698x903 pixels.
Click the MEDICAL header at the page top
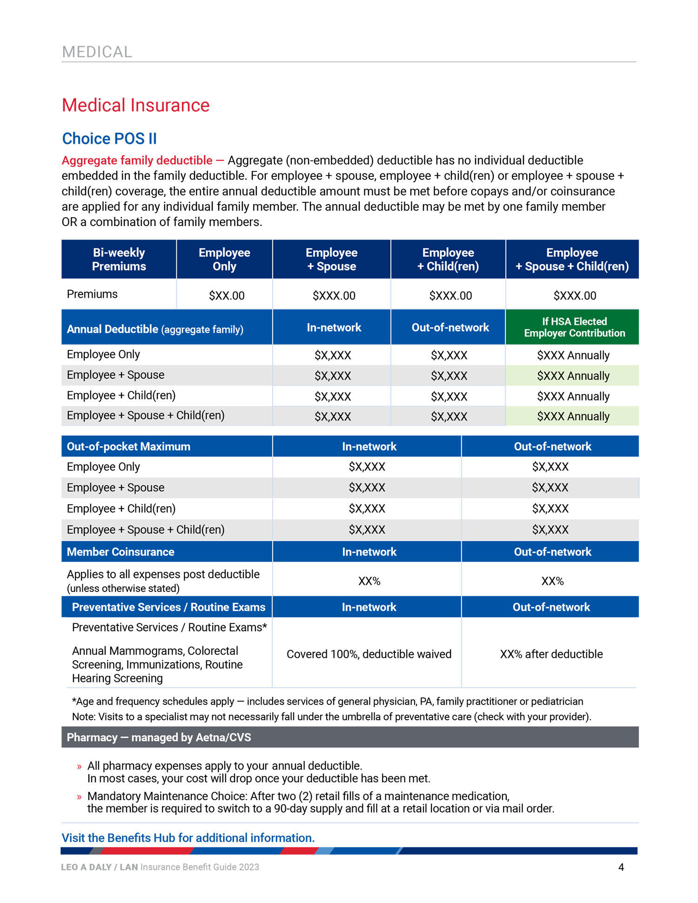coord(97,52)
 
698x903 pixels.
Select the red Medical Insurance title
coord(135,106)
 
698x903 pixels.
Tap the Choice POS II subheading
coord(109,139)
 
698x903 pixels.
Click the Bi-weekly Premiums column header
coord(119,260)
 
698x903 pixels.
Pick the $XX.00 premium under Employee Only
coord(227,295)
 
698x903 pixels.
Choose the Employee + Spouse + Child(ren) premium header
coord(572,260)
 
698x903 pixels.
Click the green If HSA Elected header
coord(574,327)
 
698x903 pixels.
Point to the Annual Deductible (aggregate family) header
coord(155,329)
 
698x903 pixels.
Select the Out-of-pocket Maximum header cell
coord(128,447)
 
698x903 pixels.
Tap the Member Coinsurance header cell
coord(121,552)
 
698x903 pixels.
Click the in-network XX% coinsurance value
coord(369,581)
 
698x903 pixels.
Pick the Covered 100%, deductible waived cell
coord(369,654)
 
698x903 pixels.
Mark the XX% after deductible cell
coord(551,654)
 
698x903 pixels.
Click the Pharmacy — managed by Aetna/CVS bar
coord(159,737)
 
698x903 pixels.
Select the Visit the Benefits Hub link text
coord(188,838)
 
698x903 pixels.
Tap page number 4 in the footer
coord(621,867)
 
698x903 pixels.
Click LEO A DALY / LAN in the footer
coord(99,867)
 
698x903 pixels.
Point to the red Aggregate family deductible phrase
coord(137,161)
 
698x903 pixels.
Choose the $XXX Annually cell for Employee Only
coord(573,355)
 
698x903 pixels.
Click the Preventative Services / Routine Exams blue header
coord(168,607)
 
